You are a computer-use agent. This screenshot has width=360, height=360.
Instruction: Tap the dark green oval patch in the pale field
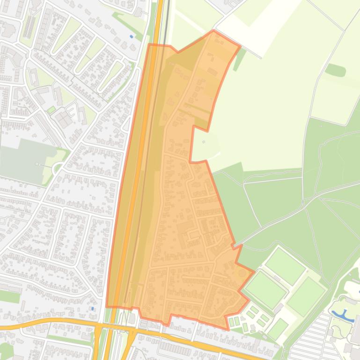click(335, 71)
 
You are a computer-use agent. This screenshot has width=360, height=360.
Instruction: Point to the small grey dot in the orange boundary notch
click(204, 142)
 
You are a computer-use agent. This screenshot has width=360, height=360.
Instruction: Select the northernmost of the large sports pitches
click(285, 266)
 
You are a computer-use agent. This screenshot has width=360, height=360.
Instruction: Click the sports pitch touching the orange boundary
click(265, 289)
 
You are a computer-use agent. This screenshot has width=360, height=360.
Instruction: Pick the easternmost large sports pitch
click(306, 296)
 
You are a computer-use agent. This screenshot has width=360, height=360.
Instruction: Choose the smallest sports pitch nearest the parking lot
click(278, 329)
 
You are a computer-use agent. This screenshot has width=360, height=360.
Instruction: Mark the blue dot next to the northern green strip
click(132, 36)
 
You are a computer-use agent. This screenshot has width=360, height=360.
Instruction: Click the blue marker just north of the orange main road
click(92, 309)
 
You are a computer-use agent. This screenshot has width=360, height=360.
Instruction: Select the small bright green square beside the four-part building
click(51, 110)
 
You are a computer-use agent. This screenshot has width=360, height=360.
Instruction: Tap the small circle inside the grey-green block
click(37, 164)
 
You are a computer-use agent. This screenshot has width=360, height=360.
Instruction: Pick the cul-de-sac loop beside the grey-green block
click(57, 167)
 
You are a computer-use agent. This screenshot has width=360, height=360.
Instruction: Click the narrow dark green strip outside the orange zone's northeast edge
click(239, 59)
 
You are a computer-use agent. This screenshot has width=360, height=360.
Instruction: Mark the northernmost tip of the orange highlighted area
click(213, 31)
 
